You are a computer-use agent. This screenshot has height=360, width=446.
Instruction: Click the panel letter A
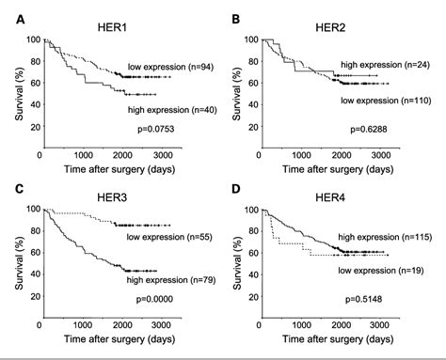9,16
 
